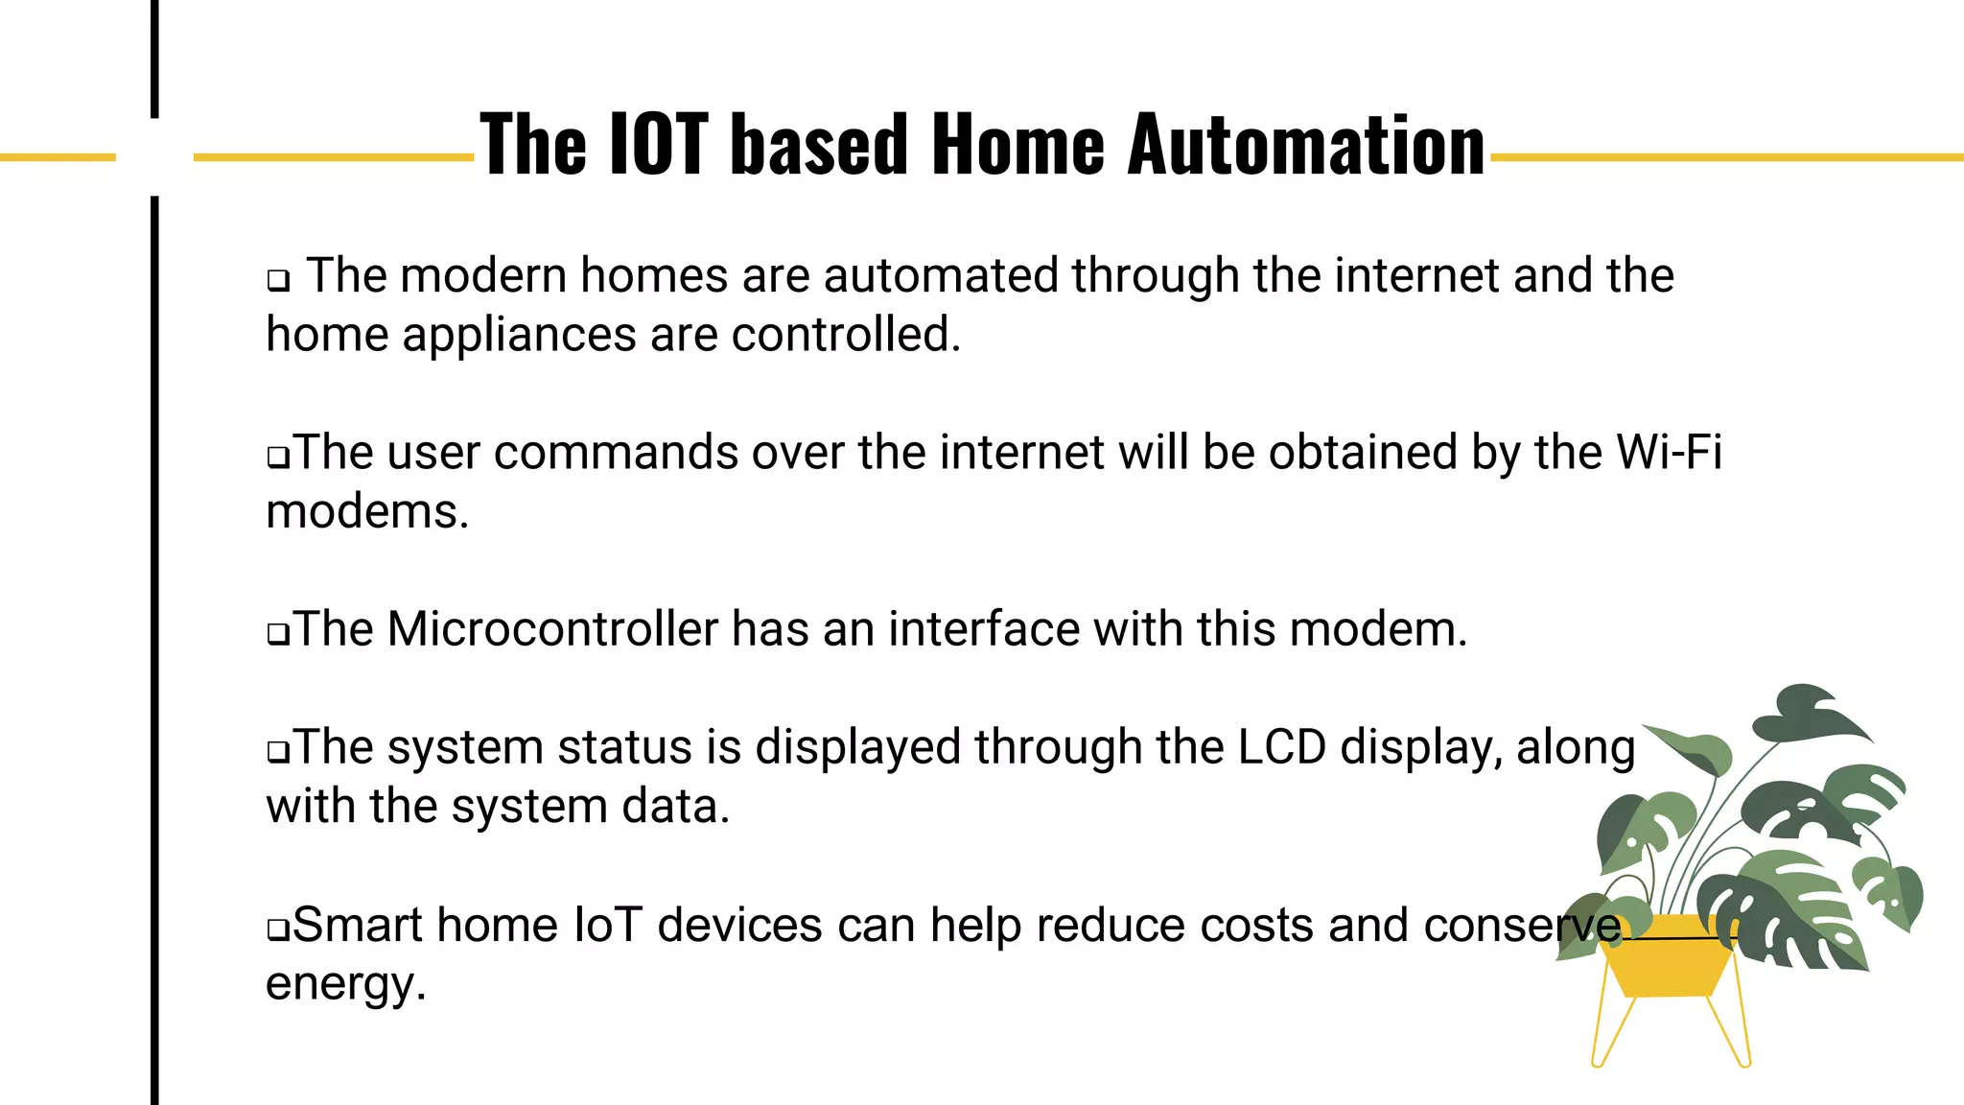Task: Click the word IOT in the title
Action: [659, 145]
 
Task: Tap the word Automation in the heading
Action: [1306, 145]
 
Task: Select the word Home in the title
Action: [1017, 145]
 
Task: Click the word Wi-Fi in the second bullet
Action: [1669, 452]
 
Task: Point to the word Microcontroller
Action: [553, 629]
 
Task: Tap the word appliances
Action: [519, 335]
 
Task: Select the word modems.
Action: [367, 511]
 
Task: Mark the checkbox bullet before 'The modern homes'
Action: [278, 281]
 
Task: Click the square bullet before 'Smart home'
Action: [278, 929]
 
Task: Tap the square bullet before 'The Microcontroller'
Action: [278, 634]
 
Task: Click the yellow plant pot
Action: [1669, 964]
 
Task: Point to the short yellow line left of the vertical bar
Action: [58, 156]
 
